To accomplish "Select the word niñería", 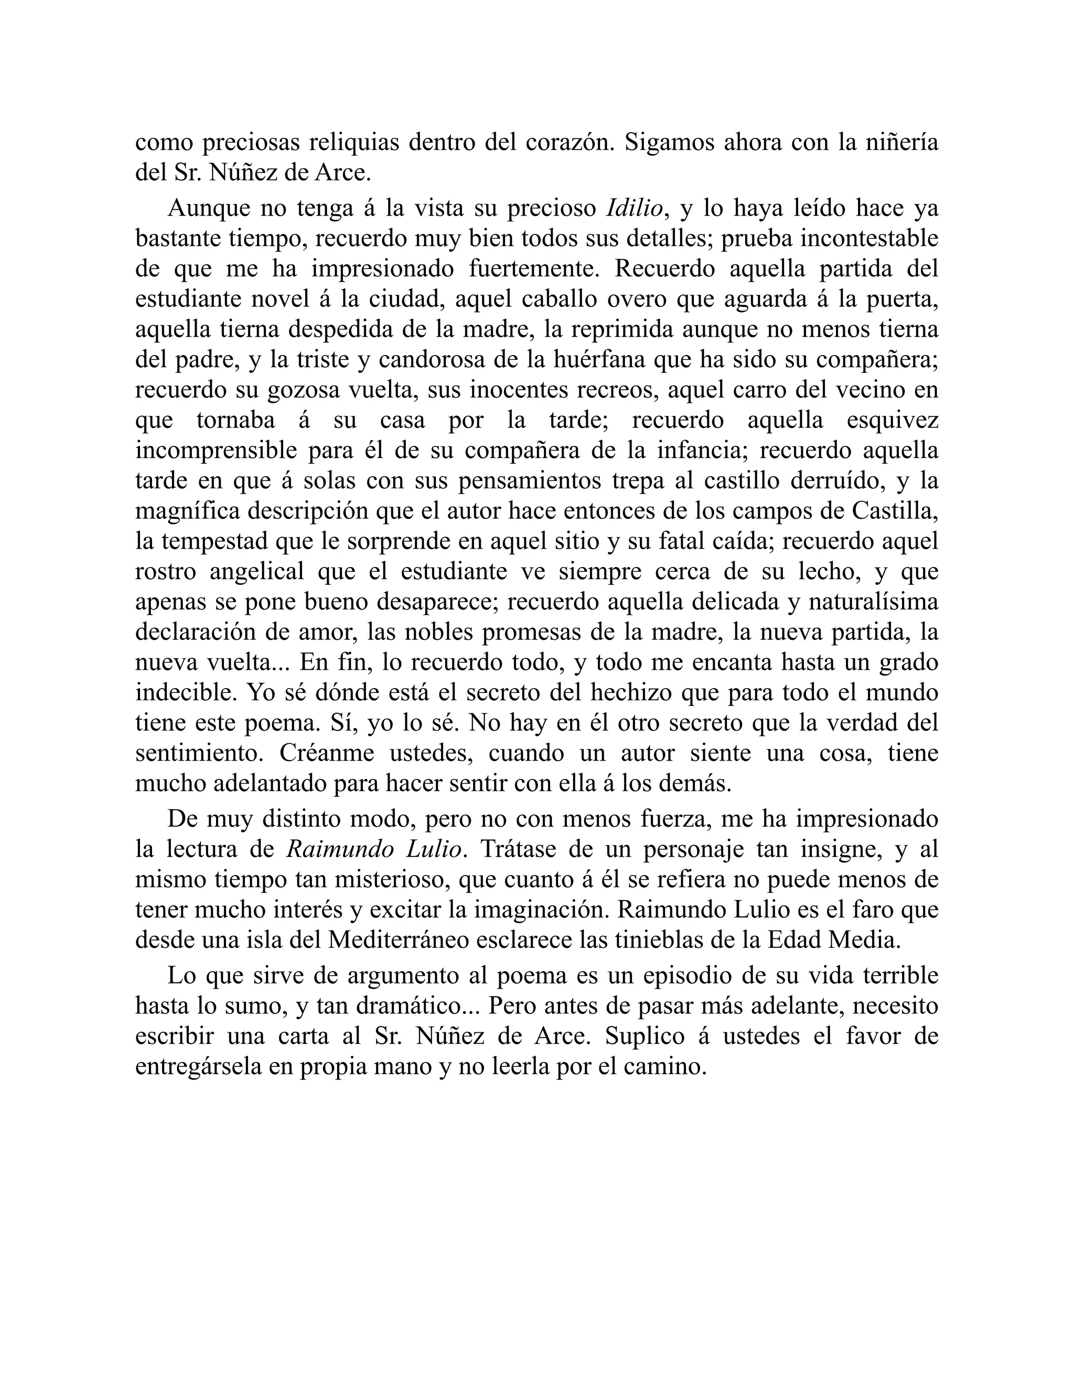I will (x=901, y=143).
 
